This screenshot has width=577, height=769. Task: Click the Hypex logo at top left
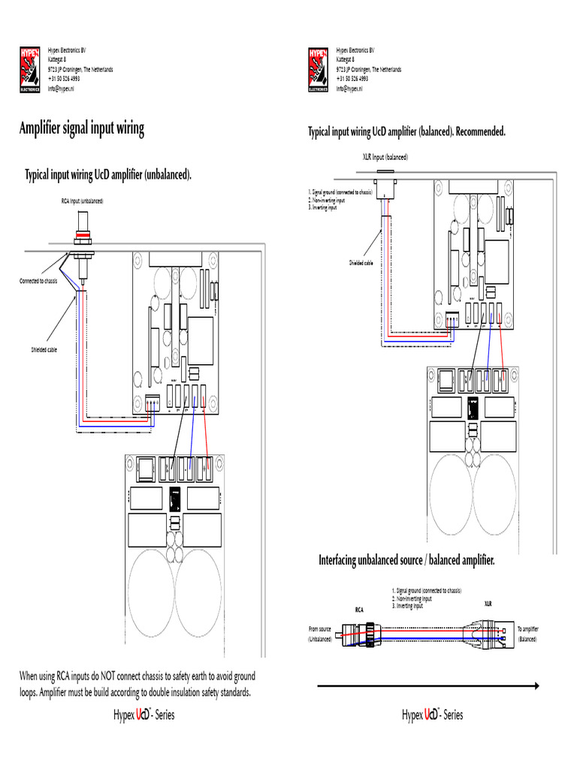32,70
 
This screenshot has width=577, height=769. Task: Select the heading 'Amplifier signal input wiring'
81,128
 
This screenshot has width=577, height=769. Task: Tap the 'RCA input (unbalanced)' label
83,201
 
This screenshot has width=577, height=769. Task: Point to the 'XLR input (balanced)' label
385,158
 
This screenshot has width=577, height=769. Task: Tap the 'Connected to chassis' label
38,281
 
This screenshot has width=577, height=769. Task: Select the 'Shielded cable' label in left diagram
44,350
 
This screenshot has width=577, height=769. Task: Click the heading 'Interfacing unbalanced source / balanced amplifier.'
406,560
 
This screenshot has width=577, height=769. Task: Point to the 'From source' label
319,629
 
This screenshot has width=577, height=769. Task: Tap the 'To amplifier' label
529,629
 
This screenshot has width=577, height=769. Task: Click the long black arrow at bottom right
428,685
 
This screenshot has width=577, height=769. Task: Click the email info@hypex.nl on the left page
61,89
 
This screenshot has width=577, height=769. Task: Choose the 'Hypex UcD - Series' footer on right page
433,715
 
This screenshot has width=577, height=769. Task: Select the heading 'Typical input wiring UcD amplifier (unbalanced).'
108,175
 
